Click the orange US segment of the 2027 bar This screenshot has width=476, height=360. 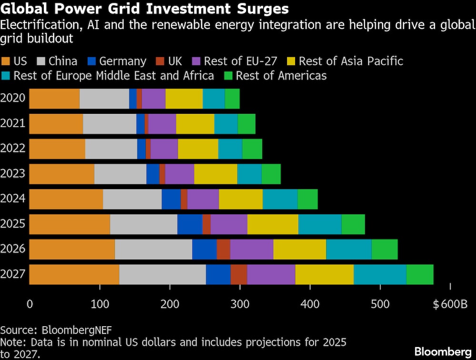pos(74,274)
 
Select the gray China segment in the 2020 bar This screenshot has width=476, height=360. pos(104,99)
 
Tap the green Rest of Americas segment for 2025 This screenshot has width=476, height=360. pos(353,224)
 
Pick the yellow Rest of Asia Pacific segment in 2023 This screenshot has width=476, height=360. pos(216,174)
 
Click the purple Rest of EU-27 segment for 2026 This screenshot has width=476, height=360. pos(252,250)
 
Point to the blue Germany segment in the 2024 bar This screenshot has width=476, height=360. pos(171,199)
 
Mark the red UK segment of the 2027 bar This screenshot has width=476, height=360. pos(239,274)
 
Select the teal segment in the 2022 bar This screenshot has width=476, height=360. pos(230,149)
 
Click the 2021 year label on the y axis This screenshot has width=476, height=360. pos(13,124)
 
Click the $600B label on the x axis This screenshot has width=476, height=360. pos(449,304)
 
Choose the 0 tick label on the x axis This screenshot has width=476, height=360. pos(30,304)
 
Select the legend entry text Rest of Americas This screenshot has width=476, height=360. pos(281,75)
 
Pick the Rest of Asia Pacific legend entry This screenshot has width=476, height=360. pos(351,61)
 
